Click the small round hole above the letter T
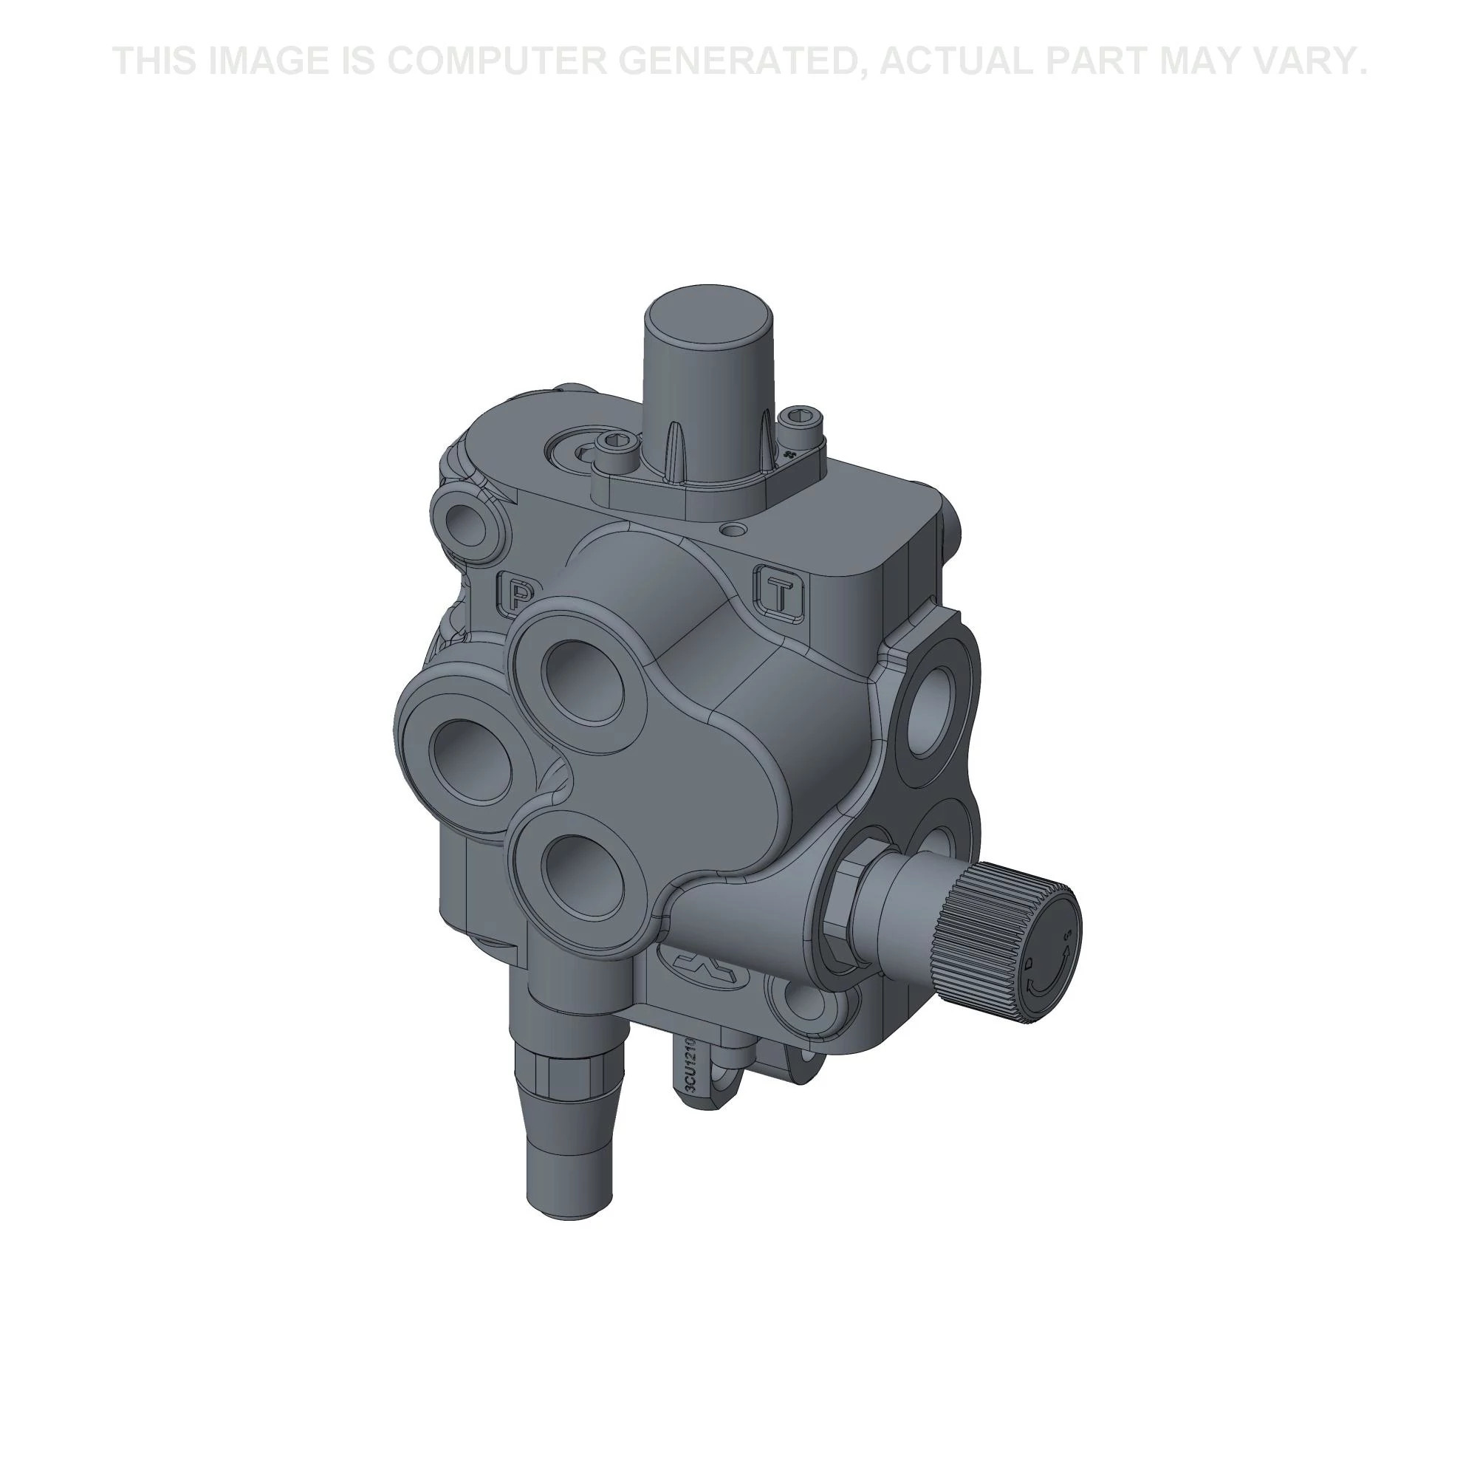736,530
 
